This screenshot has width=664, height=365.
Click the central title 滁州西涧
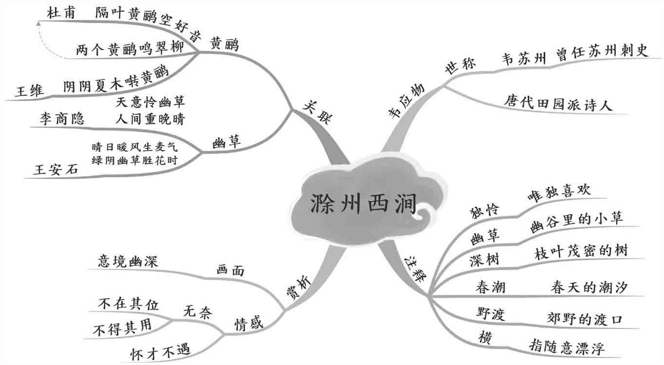[363, 204]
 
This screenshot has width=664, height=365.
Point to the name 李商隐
[62, 119]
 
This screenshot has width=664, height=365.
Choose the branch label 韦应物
[406, 100]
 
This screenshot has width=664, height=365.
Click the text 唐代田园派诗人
[558, 103]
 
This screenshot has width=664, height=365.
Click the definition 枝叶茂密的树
[581, 251]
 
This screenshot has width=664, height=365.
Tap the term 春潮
[491, 287]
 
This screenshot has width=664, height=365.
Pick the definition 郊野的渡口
[585, 319]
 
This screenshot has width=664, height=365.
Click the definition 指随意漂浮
[567, 348]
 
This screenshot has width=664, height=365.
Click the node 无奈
[198, 312]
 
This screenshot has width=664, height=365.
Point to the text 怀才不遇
[160, 351]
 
